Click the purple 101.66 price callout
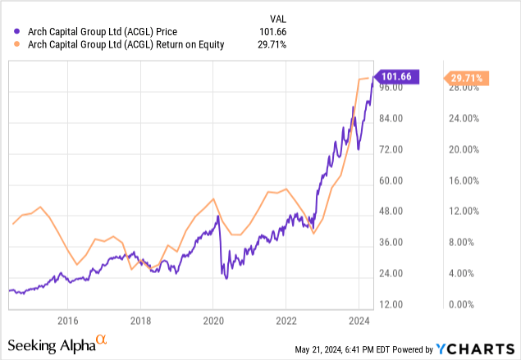click(x=399, y=76)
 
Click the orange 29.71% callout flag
click(x=467, y=79)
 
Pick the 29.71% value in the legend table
click(x=272, y=45)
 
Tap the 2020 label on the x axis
click(x=213, y=320)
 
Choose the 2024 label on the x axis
click(x=359, y=320)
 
